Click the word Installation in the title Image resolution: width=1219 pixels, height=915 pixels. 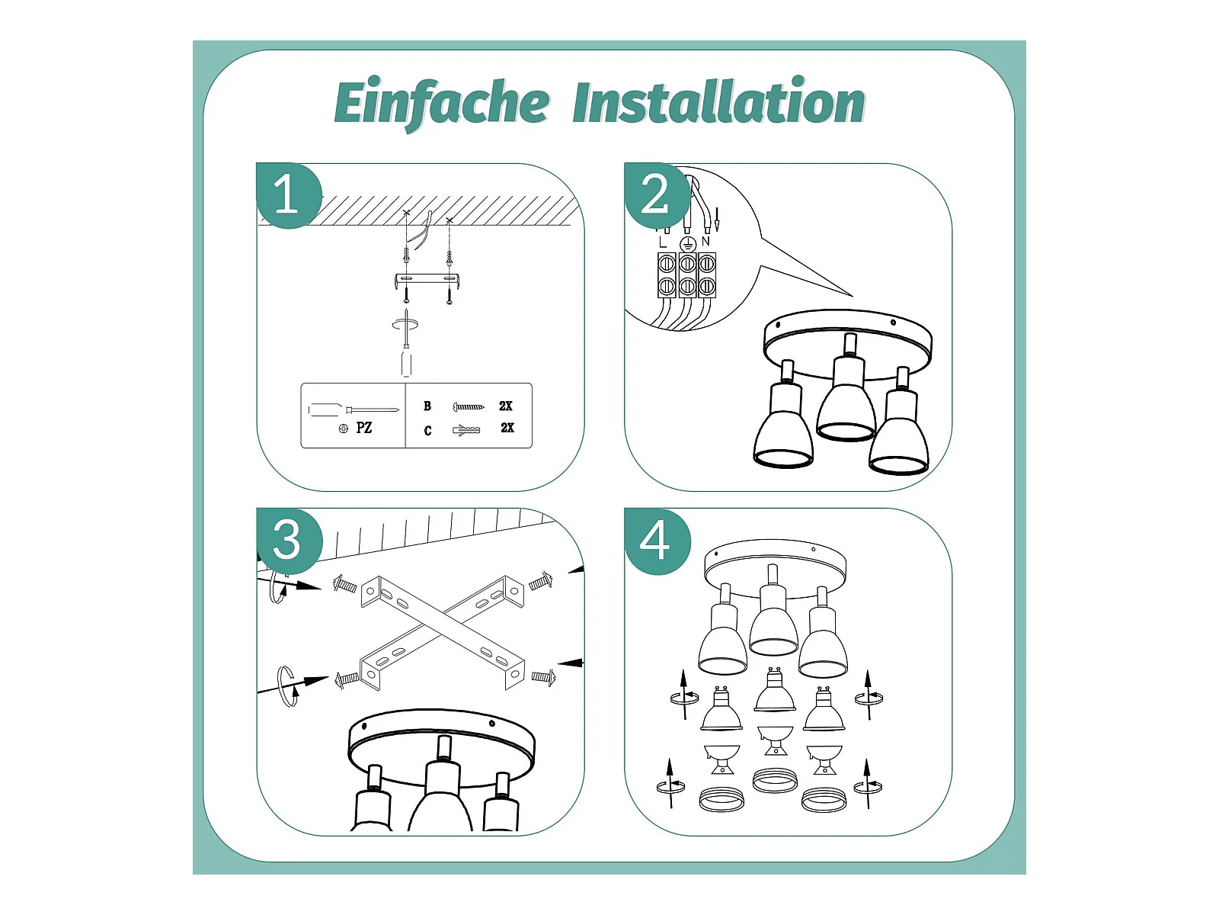point(718,101)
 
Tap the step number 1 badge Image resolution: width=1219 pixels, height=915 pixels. point(289,195)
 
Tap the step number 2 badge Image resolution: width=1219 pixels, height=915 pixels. point(657,195)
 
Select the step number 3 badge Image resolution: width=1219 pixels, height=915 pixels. point(289,541)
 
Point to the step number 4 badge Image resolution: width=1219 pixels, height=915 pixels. point(657,541)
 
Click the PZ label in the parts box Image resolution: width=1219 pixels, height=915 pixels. point(363,428)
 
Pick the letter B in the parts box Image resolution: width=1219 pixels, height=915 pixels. point(427,406)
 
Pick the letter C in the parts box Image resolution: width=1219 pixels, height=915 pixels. point(427,431)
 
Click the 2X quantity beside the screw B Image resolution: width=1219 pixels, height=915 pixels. point(505,406)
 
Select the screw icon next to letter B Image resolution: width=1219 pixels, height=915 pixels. point(469,407)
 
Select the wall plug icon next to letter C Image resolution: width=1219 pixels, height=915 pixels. point(466,430)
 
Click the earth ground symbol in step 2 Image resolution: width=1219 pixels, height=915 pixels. point(688,243)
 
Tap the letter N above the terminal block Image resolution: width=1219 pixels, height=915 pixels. point(705,241)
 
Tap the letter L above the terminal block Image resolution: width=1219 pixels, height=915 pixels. point(661,242)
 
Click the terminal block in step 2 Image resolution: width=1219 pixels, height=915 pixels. point(686,275)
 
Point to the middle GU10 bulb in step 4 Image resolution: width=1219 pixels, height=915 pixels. point(775,691)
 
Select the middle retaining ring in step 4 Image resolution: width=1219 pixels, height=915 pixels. point(776,779)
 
